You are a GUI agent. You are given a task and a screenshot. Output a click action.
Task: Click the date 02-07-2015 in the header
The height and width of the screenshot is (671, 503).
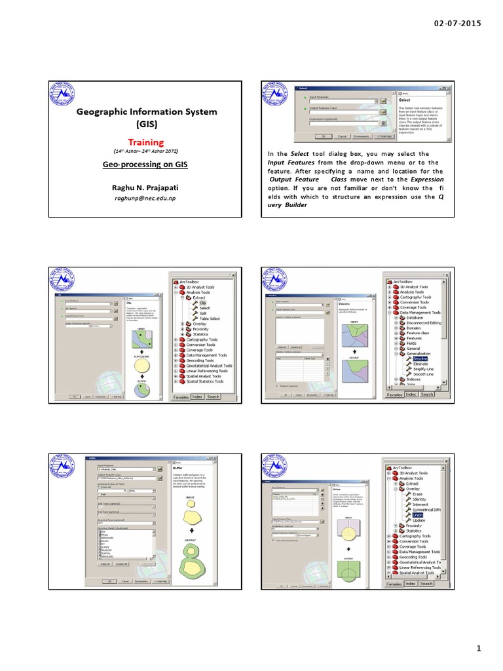pyautogui.click(x=457, y=24)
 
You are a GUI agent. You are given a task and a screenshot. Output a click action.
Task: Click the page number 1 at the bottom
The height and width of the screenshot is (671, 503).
pyautogui.click(x=479, y=649)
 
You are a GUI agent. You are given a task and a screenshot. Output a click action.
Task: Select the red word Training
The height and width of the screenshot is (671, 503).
pyautogui.click(x=145, y=142)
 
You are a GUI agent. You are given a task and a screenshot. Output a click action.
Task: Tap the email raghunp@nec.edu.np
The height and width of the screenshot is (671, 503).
pyautogui.click(x=145, y=198)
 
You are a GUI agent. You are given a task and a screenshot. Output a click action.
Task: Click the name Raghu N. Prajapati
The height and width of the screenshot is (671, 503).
pyautogui.click(x=145, y=187)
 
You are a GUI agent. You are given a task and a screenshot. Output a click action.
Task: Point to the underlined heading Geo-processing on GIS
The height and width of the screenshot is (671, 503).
pyautogui.click(x=145, y=165)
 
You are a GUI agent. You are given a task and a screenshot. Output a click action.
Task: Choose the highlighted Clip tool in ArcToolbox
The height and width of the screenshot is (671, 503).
pyautogui.click(x=202, y=303)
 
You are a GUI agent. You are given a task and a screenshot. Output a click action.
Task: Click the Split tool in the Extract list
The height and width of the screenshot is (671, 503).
pyautogui.click(x=203, y=313)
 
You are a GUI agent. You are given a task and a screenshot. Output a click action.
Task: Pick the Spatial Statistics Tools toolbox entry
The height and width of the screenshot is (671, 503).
pyautogui.click(x=204, y=381)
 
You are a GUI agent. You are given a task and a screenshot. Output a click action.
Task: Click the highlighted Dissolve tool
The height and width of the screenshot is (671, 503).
pyautogui.click(x=420, y=358)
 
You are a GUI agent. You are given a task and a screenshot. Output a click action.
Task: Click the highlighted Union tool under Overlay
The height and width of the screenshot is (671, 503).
pyautogui.click(x=418, y=515)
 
